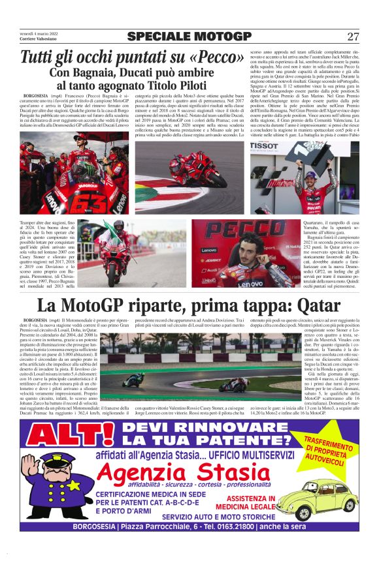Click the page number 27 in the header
pyautogui.click(x=353, y=36)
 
